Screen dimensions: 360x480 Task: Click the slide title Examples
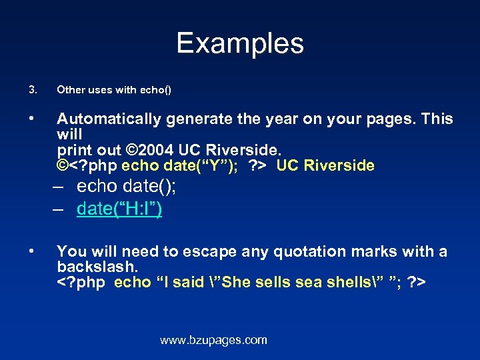click(x=240, y=44)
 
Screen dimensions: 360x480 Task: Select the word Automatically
click(x=109, y=119)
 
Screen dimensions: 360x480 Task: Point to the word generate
click(x=197, y=119)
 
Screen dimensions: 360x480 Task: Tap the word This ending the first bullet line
click(x=437, y=119)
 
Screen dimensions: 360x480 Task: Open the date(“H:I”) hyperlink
click(x=119, y=209)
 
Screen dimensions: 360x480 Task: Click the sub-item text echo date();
click(x=126, y=186)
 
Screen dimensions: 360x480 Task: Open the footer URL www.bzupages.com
click(x=213, y=340)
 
